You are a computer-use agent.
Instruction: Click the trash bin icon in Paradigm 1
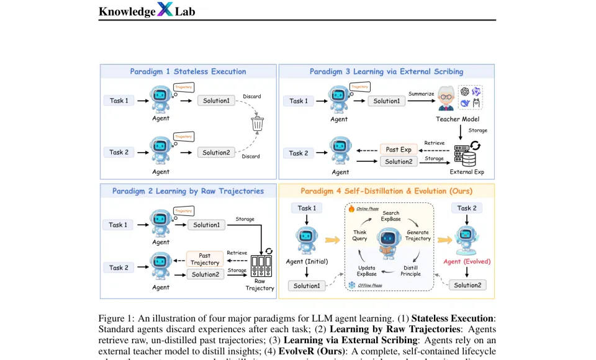point(257,124)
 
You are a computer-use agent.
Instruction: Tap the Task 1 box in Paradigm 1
point(119,100)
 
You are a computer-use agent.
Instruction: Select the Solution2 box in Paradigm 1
point(216,153)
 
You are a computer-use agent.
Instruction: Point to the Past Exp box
point(398,150)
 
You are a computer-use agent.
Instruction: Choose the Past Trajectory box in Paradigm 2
point(205,259)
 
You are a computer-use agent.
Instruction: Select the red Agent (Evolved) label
point(467,261)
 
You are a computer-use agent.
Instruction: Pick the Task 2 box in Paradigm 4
point(467,208)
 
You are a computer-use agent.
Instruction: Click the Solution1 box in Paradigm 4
point(307,286)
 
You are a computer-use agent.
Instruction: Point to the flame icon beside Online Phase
point(351,209)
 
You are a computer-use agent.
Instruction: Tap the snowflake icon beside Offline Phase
point(352,285)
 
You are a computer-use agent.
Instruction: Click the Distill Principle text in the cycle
point(410,271)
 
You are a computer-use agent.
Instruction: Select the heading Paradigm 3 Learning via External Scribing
point(386,71)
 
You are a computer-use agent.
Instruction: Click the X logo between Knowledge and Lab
point(165,9)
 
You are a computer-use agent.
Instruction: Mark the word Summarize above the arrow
point(422,94)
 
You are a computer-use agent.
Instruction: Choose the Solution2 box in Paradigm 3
point(398,162)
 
